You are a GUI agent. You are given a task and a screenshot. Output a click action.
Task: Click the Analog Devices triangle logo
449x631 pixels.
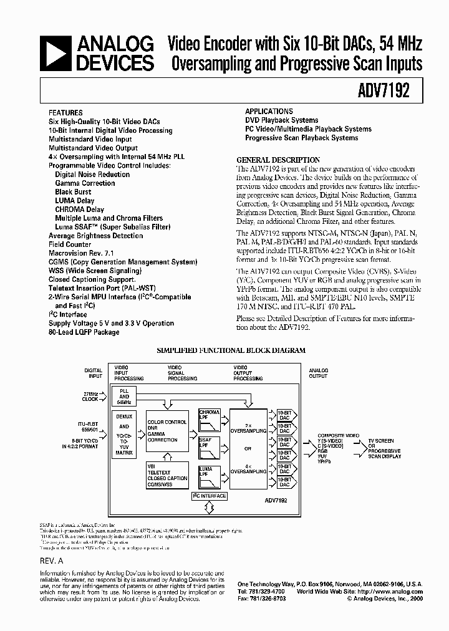(55, 53)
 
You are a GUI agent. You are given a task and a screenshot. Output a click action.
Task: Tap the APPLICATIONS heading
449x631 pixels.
(268, 111)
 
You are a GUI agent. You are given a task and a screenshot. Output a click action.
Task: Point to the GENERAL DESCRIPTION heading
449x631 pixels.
(278, 160)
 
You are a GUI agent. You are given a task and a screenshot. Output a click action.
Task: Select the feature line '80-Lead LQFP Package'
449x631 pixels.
(84, 332)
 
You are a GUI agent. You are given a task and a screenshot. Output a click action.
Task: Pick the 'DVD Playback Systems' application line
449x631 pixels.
(281, 120)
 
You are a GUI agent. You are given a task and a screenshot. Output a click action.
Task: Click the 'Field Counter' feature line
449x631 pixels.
(70, 245)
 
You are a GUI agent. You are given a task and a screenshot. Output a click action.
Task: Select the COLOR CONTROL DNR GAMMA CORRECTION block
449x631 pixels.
(167, 431)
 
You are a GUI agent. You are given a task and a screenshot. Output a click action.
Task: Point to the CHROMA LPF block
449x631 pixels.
(209, 415)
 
